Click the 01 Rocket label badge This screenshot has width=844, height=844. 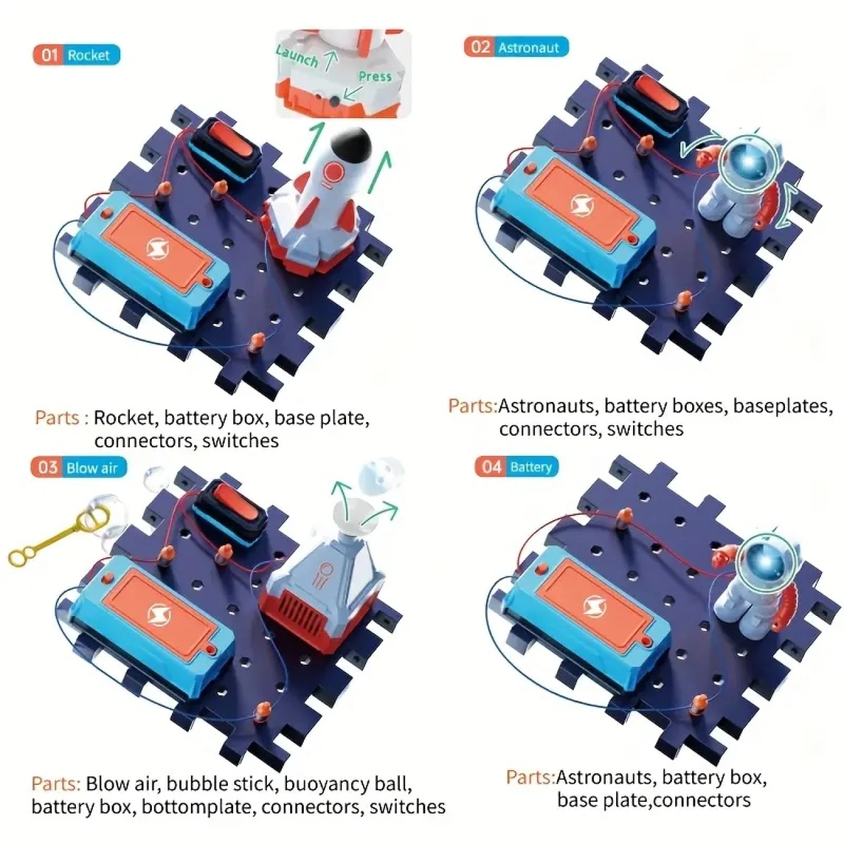click(76, 55)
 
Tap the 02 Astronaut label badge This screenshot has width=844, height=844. click(516, 47)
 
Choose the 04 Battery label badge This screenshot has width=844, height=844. click(517, 467)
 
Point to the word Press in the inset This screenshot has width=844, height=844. click(375, 76)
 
